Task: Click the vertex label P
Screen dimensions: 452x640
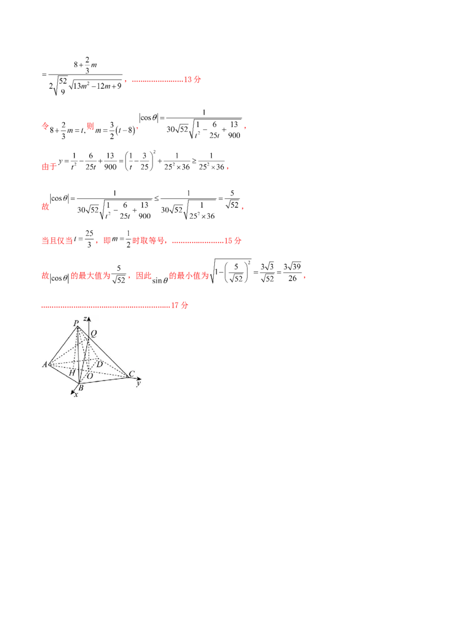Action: pyautogui.click(x=76, y=323)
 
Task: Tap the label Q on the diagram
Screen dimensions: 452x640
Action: pyautogui.click(x=94, y=333)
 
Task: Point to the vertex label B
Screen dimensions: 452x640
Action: pyautogui.click(x=80, y=387)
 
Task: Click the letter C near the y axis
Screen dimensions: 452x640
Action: pyautogui.click(x=131, y=374)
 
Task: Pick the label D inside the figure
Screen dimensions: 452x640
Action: pyautogui.click(x=99, y=365)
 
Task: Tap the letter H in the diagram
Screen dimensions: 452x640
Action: pyautogui.click(x=72, y=374)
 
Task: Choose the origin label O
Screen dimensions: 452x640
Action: pyautogui.click(x=89, y=376)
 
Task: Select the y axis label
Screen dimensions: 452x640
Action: pyautogui.click(x=138, y=383)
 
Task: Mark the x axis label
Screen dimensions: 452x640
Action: pyautogui.click(x=76, y=394)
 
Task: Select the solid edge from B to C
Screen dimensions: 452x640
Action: pyautogui.click(x=105, y=379)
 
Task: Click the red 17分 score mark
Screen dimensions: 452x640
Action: pyautogui.click(x=180, y=306)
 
